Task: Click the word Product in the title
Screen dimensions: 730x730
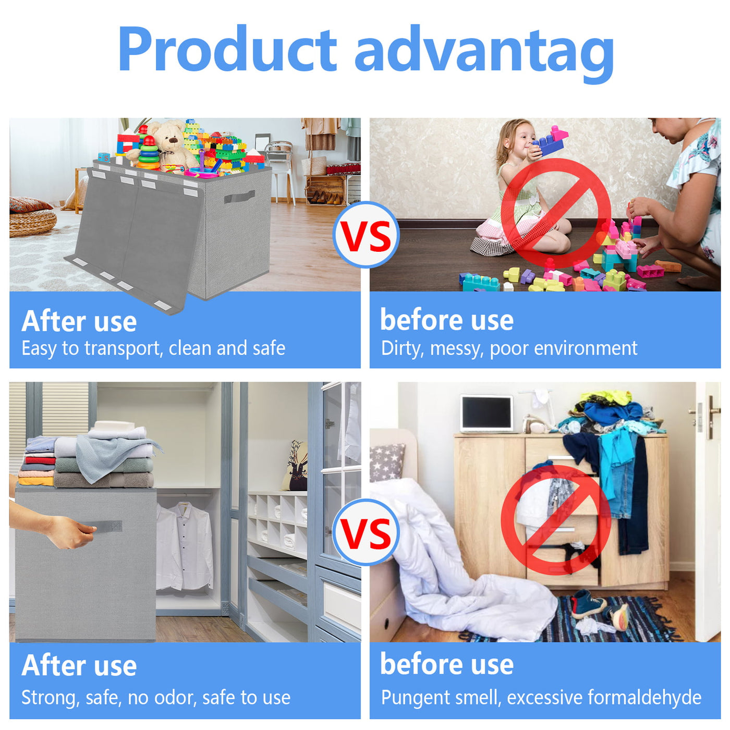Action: click(227, 48)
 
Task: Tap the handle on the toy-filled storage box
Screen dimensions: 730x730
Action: click(239, 197)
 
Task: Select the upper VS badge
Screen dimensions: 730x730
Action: click(366, 235)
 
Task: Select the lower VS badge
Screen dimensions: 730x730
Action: click(366, 532)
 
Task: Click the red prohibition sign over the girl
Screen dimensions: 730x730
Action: click(555, 213)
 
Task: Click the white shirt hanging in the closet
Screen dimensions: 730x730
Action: click(185, 546)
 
